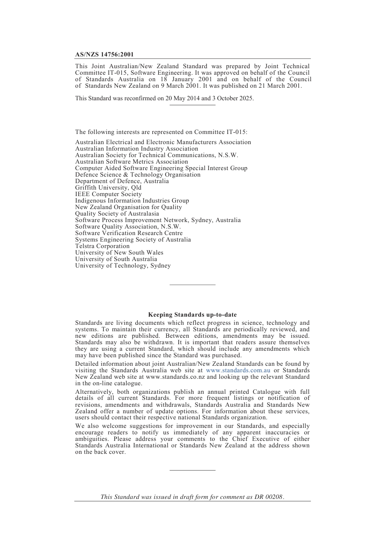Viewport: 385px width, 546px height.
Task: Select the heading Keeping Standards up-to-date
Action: click(192, 315)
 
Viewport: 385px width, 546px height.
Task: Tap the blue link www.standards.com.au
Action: click(238, 370)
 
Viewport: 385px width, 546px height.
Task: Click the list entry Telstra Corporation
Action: click(102, 246)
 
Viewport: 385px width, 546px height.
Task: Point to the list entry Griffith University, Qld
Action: click(108, 188)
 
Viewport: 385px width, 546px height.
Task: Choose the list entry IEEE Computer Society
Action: click(108, 194)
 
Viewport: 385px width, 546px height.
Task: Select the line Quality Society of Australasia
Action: click(117, 214)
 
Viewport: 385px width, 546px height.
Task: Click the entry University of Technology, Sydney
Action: click(123, 265)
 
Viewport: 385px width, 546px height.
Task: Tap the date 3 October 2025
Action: click(232, 98)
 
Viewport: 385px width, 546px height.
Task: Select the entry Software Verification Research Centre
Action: click(129, 233)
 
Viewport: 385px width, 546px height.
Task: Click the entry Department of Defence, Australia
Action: click(122, 181)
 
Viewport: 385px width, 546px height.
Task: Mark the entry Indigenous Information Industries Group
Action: click(132, 201)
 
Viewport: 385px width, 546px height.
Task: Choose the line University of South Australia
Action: click(116, 259)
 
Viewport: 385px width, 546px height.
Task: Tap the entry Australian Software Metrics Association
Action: click(131, 162)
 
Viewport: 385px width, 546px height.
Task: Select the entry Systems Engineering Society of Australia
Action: click(133, 240)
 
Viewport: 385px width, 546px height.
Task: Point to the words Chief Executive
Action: click(255, 439)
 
